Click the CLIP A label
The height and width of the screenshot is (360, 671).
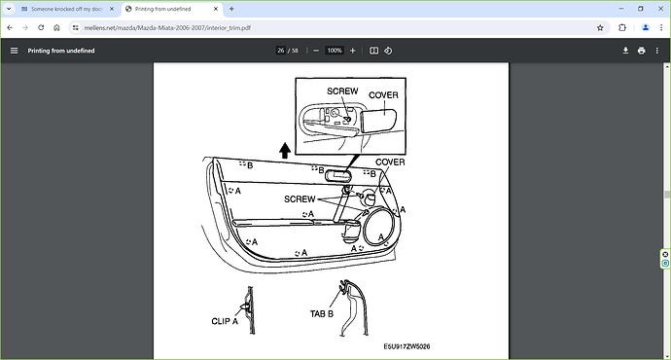tap(225, 321)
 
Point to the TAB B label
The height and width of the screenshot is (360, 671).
tap(322, 313)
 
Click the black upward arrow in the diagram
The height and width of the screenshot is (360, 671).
tap(285, 150)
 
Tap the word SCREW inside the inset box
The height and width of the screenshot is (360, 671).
tap(342, 91)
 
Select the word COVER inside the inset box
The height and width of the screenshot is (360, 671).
tap(383, 95)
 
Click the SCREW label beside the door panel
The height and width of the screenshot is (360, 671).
tap(300, 199)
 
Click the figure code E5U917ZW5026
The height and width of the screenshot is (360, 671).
tap(406, 346)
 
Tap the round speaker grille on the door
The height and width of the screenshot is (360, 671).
tap(364, 227)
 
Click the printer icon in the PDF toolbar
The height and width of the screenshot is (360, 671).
tap(641, 51)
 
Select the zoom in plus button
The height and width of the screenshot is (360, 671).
tap(353, 51)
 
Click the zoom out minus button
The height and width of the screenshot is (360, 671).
tap(316, 51)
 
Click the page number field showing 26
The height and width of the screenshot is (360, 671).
tap(281, 51)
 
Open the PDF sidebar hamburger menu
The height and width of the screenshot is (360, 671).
tap(15, 51)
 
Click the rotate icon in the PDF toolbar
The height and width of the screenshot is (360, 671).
tap(388, 51)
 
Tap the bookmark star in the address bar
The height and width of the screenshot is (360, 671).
tap(600, 28)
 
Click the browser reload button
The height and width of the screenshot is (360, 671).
tap(41, 28)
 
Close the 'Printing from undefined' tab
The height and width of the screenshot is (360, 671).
tap(216, 9)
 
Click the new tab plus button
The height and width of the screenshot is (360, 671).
tap(231, 9)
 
